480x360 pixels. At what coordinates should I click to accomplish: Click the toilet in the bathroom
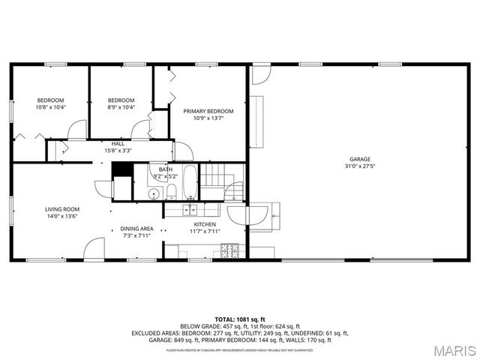(x=171, y=190)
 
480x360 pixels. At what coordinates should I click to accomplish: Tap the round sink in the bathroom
(x=153, y=193)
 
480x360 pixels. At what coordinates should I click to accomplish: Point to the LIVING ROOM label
(x=62, y=209)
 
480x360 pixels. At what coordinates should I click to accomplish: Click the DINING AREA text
(x=137, y=229)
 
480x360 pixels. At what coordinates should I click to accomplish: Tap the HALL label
(x=118, y=143)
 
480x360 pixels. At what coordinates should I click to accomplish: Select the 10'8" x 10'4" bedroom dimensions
(x=51, y=107)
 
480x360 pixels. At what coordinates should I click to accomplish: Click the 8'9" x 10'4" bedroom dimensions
(x=121, y=107)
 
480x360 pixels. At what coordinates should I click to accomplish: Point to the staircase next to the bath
(x=215, y=178)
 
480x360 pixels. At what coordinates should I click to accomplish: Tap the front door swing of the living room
(x=94, y=249)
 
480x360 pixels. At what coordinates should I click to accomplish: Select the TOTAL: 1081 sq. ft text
(x=240, y=319)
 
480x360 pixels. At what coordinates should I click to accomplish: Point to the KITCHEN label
(x=205, y=224)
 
